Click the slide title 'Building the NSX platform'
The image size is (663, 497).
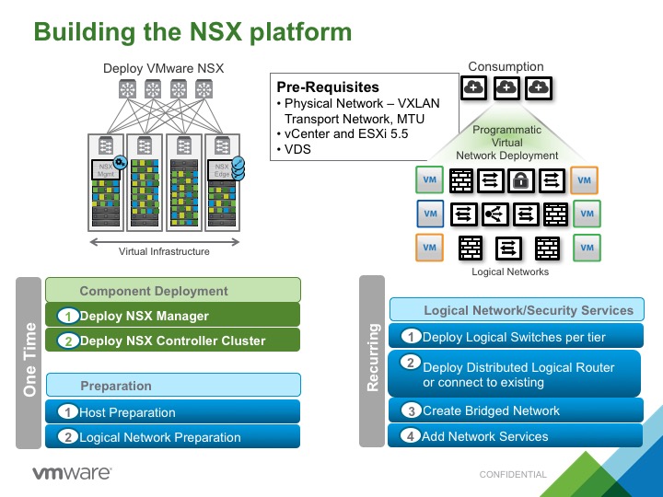pyautogui.click(x=192, y=31)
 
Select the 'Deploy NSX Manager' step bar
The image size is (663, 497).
pyautogui.click(x=173, y=316)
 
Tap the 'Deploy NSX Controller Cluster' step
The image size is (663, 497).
pyautogui.click(x=173, y=341)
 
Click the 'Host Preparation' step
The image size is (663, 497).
pyautogui.click(x=173, y=412)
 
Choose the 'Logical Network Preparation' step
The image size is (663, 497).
pyautogui.click(x=173, y=437)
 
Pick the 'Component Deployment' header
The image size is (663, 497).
pyautogui.click(x=173, y=291)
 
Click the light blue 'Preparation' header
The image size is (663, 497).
pyautogui.click(x=173, y=386)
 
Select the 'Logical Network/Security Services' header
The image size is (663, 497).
pyautogui.click(x=517, y=310)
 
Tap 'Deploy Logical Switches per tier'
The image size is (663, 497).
pyautogui.click(x=514, y=337)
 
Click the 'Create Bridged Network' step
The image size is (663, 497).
pyautogui.click(x=514, y=410)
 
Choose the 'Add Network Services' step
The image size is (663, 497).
pyautogui.click(x=514, y=436)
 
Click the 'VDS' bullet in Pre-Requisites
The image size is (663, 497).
pyautogui.click(x=297, y=149)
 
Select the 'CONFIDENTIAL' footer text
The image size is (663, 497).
pyautogui.click(x=513, y=475)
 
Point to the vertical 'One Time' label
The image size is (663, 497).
pyautogui.click(x=29, y=361)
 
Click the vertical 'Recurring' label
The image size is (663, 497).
pyautogui.click(x=373, y=357)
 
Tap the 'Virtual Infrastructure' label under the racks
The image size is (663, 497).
pyautogui.click(x=164, y=251)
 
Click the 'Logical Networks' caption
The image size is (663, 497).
pyautogui.click(x=510, y=272)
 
